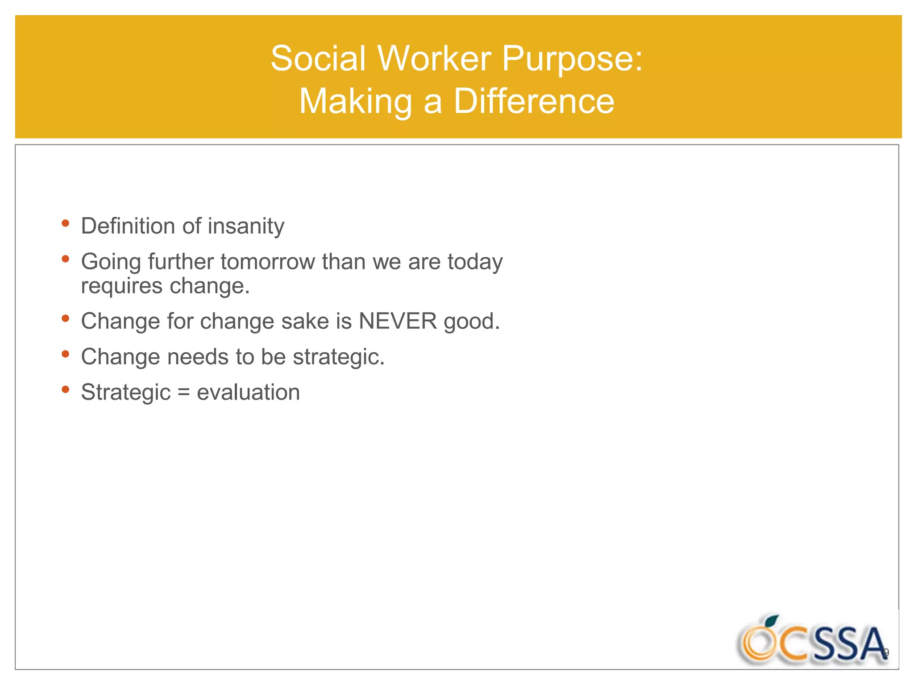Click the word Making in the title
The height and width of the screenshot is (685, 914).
pos(355,101)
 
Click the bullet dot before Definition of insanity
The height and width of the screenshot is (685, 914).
pos(66,223)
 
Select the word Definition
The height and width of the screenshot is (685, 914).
pos(128,226)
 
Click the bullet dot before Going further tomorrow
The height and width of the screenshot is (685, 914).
pos(66,259)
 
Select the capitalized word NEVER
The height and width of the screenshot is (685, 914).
pos(398,321)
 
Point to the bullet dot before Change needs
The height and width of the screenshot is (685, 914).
pos(66,354)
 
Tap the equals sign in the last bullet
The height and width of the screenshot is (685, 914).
pos(183,392)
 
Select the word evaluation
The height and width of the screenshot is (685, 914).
pos(248,392)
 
